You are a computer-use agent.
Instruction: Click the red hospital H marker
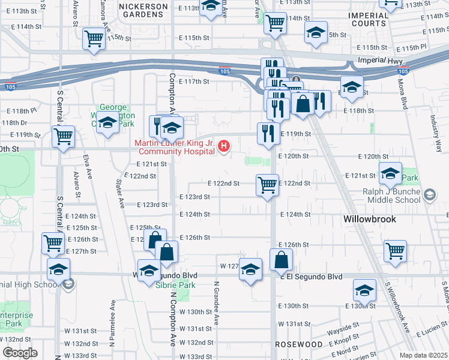pyautogui.click(x=224, y=146)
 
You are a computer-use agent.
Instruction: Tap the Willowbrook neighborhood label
pyautogui.click(x=370, y=219)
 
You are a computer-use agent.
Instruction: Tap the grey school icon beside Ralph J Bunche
pyautogui.click(x=429, y=194)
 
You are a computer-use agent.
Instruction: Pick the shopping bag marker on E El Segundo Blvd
pyautogui.click(x=281, y=260)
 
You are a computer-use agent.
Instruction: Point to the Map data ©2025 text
pyautogui.click(x=424, y=355)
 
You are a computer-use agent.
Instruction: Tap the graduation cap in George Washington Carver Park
pyautogui.click(x=108, y=123)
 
